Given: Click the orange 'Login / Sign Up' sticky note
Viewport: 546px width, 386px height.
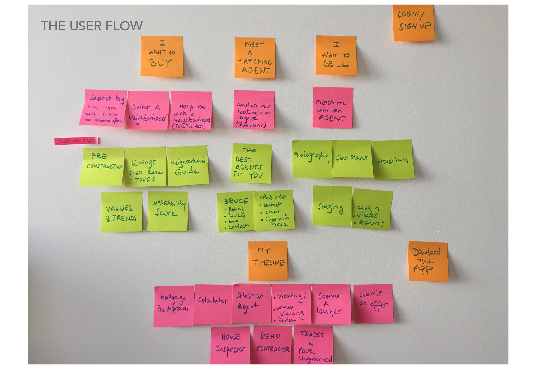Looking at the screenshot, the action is tap(413, 23).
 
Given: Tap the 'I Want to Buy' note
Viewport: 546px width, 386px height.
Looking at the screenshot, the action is tap(162, 56).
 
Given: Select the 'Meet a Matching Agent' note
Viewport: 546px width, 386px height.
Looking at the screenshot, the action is tap(255, 58).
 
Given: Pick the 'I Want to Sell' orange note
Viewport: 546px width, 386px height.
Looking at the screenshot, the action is tap(336, 55).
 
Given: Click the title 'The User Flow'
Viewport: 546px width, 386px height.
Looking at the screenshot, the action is tap(92, 26).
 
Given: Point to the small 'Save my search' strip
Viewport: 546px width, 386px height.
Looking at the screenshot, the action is tap(77, 141).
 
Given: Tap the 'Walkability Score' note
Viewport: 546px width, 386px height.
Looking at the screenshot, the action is tap(168, 211).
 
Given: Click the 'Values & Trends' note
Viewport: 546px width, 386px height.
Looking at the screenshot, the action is tap(121, 212).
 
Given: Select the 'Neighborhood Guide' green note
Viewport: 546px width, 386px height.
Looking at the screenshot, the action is tap(188, 166).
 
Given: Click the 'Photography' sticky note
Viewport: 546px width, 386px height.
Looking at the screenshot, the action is tap(312, 159).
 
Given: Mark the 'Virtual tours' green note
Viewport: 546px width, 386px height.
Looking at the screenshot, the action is tap(393, 160).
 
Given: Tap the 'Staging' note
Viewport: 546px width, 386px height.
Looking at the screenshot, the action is tap(332, 206).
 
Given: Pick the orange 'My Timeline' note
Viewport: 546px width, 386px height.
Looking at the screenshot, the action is tap(268, 260).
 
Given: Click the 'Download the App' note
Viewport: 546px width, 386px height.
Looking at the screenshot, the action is tap(428, 262).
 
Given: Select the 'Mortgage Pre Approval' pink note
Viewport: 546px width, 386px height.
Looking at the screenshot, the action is tap(174, 306).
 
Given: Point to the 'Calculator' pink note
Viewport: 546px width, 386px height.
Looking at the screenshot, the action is tap(213, 304).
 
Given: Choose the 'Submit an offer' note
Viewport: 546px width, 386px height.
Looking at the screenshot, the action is tap(373, 303).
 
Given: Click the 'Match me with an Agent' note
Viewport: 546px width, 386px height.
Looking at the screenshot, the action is tap(332, 108).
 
